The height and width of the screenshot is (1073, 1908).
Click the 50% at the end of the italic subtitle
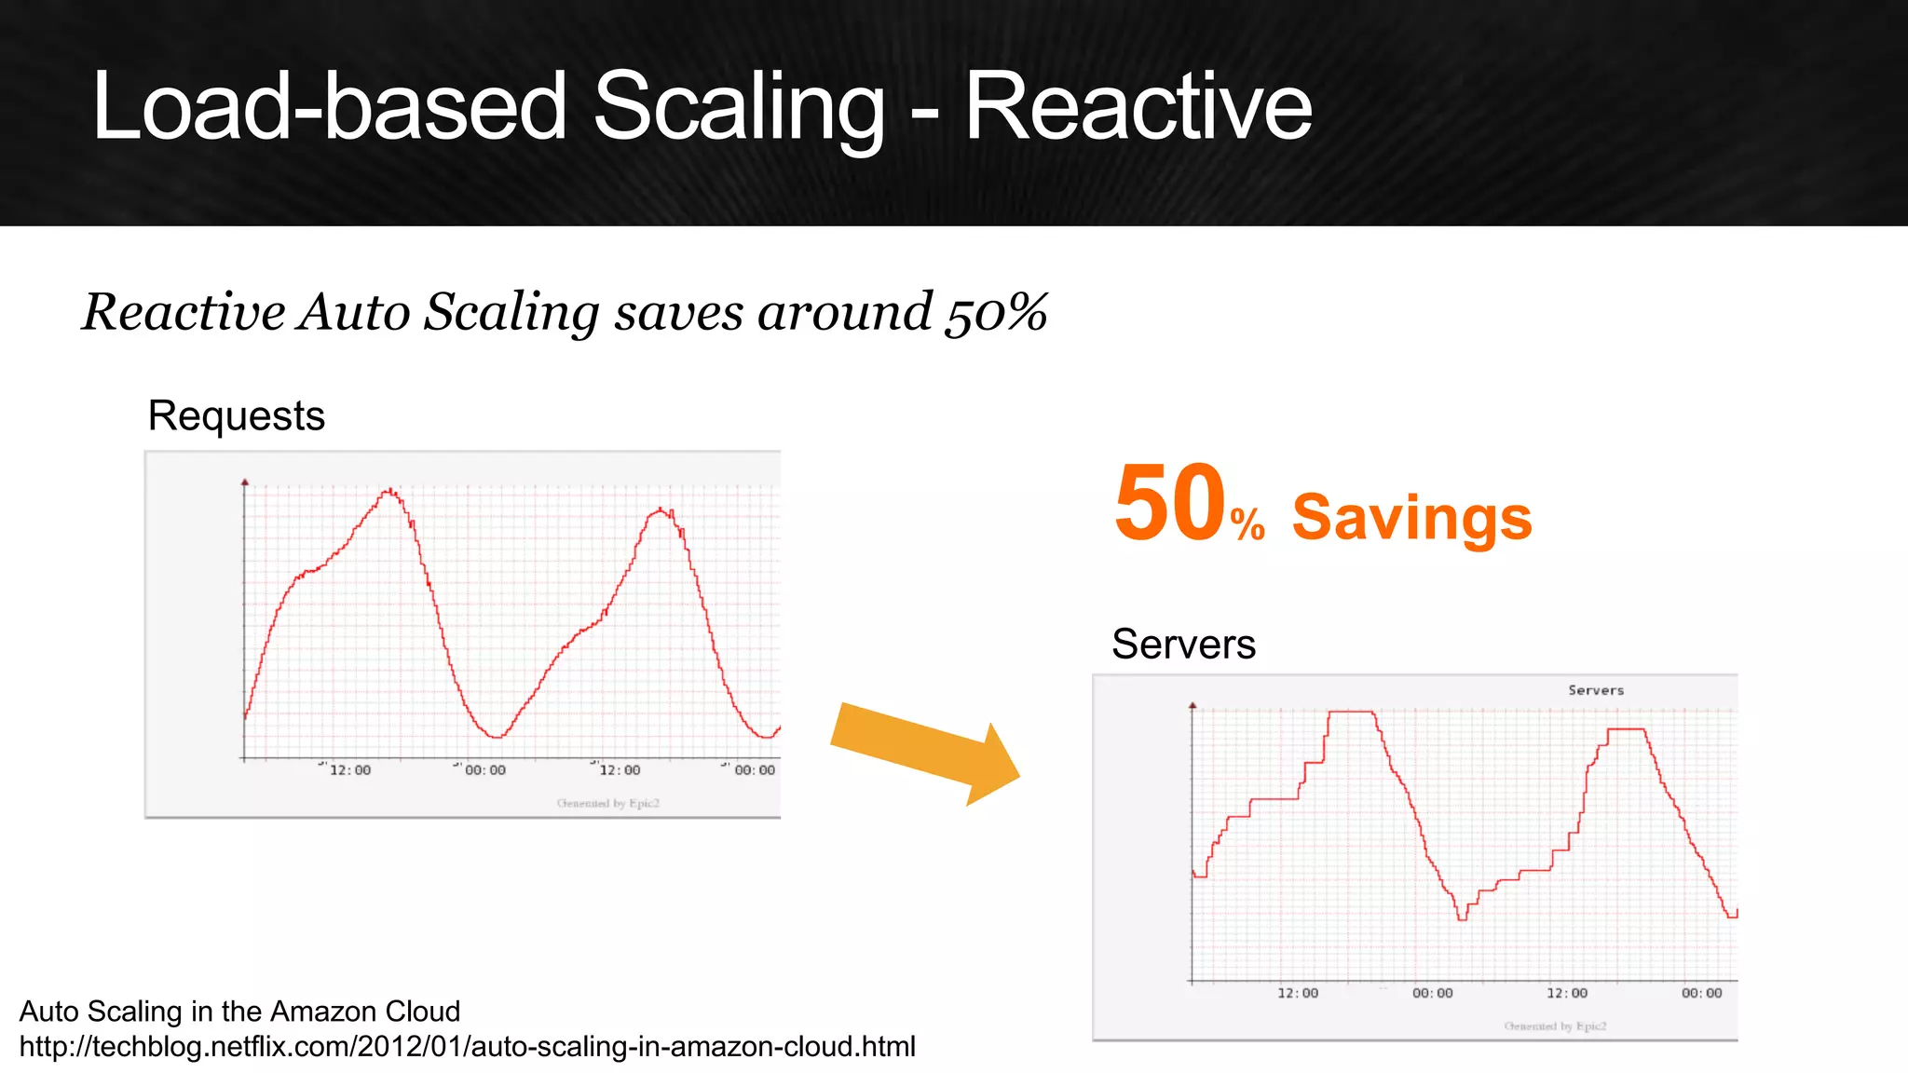pyautogui.click(x=996, y=312)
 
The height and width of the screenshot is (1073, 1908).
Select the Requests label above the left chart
pyautogui.click(x=236, y=415)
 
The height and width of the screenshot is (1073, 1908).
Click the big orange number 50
pyautogui.click(x=1169, y=504)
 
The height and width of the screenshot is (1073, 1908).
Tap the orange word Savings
pyautogui.click(x=1411, y=517)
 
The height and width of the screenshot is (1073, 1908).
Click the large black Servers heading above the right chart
pyautogui.click(x=1183, y=644)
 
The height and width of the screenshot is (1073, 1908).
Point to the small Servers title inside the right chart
pyautogui.click(x=1595, y=690)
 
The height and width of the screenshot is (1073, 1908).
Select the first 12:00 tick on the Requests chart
pyautogui.click(x=349, y=770)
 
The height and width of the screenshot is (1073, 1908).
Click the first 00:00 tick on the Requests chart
pyautogui.click(x=484, y=770)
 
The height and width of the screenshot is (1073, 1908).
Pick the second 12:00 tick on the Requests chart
pyautogui.click(x=620, y=770)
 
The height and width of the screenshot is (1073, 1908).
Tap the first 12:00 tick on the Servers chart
pyautogui.click(x=1297, y=993)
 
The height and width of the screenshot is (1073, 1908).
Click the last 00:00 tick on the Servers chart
pyautogui.click(x=1701, y=993)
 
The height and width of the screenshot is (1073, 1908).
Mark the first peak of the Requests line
pyautogui.click(x=390, y=490)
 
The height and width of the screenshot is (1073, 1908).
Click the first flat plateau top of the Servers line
pyautogui.click(x=1352, y=712)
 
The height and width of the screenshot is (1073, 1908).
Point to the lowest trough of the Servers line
pyautogui.click(x=1462, y=918)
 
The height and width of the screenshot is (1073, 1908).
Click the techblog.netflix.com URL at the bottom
pyautogui.click(x=467, y=1047)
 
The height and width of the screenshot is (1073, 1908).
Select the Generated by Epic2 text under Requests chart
pyautogui.click(x=607, y=803)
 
